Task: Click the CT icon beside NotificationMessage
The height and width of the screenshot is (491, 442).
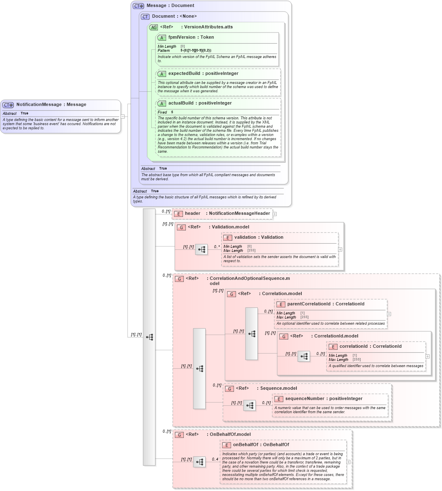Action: click(x=8, y=105)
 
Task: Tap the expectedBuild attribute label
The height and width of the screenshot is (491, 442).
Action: click(x=184, y=74)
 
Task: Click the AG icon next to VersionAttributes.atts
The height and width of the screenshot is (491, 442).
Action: click(x=153, y=28)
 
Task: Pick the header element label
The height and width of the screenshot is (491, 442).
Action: click(x=192, y=214)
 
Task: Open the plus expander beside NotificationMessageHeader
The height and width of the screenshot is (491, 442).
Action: click(x=275, y=214)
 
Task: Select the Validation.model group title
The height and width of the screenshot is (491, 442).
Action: click(x=230, y=227)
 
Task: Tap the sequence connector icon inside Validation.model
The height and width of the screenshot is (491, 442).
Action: click(x=201, y=249)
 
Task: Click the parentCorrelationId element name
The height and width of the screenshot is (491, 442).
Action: click(x=308, y=304)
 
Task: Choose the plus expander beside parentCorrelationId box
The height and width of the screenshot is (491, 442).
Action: click(x=389, y=314)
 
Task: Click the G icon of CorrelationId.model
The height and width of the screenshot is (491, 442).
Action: click(x=284, y=337)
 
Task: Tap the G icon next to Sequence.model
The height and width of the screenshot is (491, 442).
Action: click(x=229, y=389)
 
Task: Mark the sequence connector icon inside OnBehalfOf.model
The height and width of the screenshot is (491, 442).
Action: click(x=199, y=462)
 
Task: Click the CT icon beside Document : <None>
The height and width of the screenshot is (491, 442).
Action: click(x=145, y=17)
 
